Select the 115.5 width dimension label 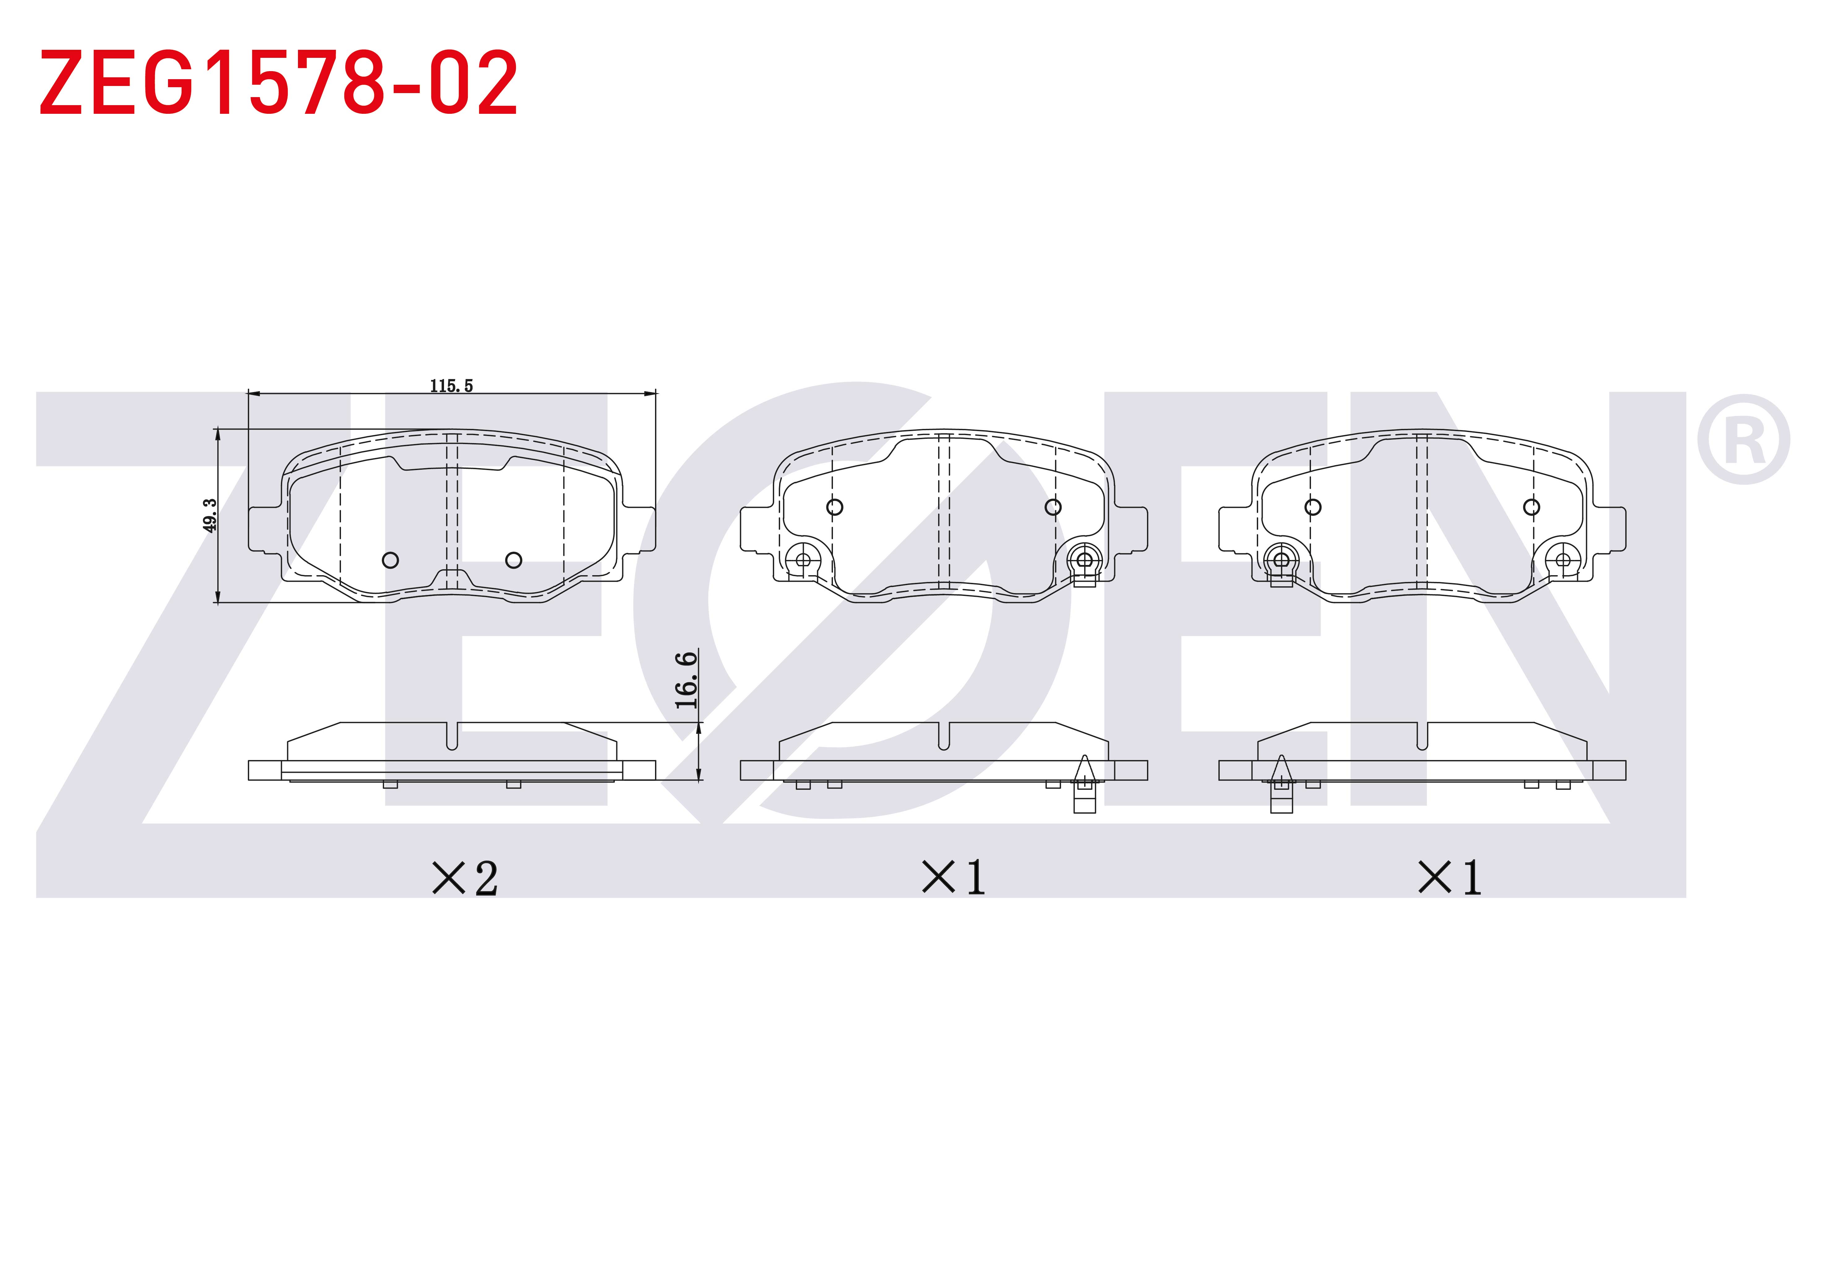451,386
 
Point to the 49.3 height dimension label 209,515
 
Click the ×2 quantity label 465,879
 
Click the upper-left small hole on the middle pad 834,507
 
